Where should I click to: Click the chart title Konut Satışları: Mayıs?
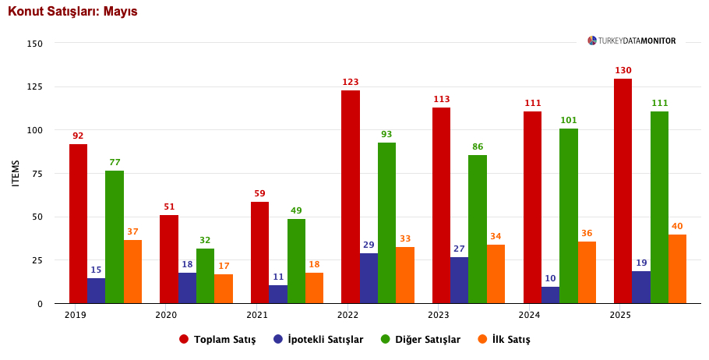[72, 12]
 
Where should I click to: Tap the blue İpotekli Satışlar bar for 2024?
[551, 295]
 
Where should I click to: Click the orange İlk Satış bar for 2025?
[677, 269]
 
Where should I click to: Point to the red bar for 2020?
[169, 259]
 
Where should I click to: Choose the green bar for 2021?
[296, 261]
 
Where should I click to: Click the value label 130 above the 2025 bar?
[623, 71]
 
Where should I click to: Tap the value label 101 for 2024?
[569, 121]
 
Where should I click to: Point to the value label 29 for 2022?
[369, 245]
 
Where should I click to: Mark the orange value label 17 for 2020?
[224, 266]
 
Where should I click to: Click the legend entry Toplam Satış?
[217, 340]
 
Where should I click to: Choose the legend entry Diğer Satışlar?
[420, 340]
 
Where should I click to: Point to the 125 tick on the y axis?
[34, 86]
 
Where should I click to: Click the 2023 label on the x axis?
[439, 315]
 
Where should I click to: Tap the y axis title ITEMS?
[16, 173]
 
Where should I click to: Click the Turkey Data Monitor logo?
[632, 41]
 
